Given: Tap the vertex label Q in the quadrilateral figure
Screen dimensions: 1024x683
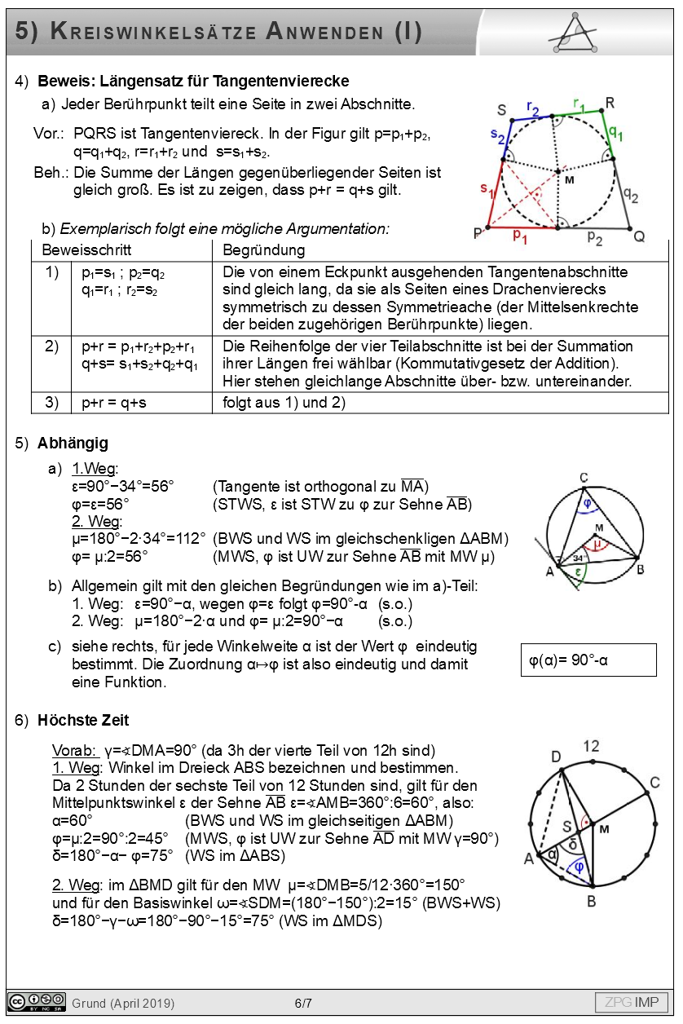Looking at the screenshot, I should click(x=639, y=236).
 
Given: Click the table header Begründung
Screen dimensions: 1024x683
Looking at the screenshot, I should click(x=263, y=250).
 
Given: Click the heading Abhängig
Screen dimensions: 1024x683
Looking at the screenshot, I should click(x=73, y=444).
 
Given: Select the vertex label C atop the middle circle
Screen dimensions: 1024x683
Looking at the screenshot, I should click(x=584, y=478).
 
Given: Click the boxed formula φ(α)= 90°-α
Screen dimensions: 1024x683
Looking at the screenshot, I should click(x=588, y=660).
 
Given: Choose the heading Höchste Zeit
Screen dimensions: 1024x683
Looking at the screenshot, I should click(x=83, y=720).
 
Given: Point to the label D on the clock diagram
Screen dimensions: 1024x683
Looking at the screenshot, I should click(x=556, y=757).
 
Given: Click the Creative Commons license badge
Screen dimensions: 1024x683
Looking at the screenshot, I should click(x=37, y=1002).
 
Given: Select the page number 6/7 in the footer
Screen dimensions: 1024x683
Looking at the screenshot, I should click(x=303, y=1003).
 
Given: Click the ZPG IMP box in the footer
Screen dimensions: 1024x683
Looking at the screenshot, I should click(x=632, y=1002).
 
